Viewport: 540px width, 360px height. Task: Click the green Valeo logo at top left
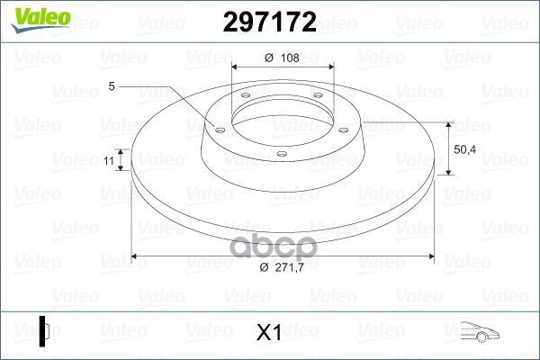(40, 20)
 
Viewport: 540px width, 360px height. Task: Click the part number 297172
(270, 22)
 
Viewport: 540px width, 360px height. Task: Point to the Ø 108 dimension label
(282, 58)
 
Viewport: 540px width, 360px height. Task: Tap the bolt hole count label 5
(112, 86)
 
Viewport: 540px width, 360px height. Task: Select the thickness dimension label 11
(109, 160)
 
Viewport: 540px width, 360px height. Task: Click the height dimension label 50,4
(465, 149)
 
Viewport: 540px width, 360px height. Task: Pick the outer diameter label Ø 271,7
(282, 267)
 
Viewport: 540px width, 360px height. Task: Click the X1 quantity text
(268, 333)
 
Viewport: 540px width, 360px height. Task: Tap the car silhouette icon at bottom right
(480, 332)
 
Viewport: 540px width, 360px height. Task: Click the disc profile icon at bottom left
(44, 331)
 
